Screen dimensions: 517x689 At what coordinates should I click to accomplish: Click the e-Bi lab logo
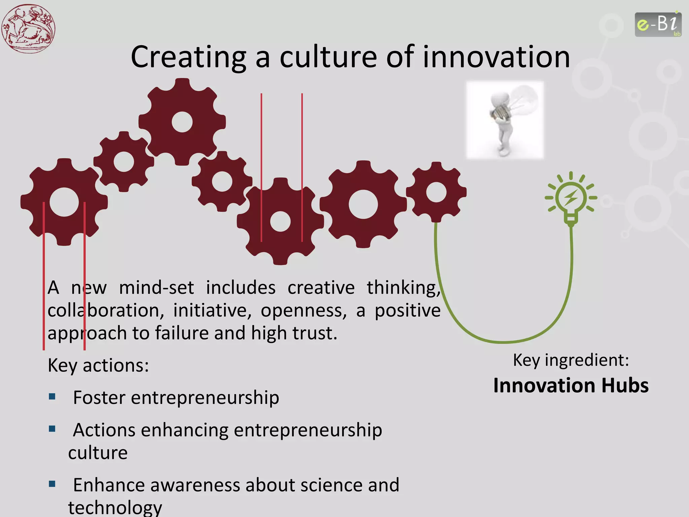pos(658,24)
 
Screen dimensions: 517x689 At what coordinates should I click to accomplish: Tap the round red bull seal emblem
pos(28,28)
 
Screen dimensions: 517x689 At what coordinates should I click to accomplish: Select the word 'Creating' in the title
pos(188,57)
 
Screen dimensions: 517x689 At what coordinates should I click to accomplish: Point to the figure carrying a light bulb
pos(505,120)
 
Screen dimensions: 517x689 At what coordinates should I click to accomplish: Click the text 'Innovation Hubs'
pos(571,385)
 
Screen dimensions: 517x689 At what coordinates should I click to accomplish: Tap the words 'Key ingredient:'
pos(571,360)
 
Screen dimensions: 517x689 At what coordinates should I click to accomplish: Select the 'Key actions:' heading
pos(98,366)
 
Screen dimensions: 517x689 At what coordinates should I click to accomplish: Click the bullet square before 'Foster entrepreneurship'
pos(52,396)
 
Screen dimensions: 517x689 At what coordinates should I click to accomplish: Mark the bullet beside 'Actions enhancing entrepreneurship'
pos(52,429)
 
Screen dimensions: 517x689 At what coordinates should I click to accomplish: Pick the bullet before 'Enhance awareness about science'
pos(52,484)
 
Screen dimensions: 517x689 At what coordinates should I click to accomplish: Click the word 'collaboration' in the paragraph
pos(106,310)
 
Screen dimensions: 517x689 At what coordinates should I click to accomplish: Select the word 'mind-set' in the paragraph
pos(156,288)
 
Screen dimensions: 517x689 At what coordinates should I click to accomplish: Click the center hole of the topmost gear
pos(182,122)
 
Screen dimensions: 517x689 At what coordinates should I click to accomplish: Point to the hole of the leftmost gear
pos(64,202)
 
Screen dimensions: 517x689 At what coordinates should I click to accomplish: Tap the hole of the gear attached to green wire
pos(436,192)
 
